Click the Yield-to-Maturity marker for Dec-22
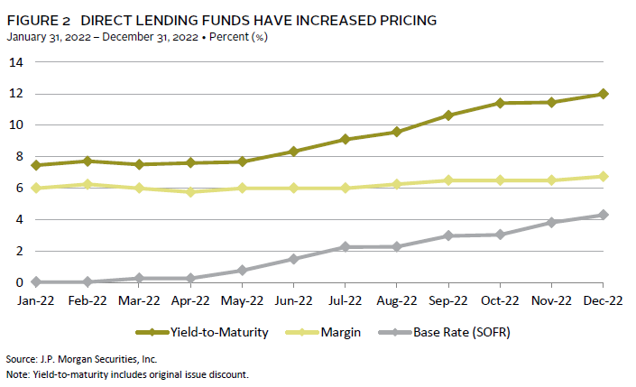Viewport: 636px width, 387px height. click(x=603, y=94)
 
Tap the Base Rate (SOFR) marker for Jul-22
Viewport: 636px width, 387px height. click(x=346, y=247)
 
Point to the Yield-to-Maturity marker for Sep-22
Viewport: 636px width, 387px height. click(x=448, y=115)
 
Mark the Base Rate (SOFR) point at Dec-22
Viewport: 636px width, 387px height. click(x=603, y=215)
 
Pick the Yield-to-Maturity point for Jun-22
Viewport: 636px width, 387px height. click(x=294, y=152)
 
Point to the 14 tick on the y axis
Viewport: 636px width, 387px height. click(x=15, y=62)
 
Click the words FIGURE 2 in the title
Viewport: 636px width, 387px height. click(x=36, y=20)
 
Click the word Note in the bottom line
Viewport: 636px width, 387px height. click(x=16, y=373)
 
